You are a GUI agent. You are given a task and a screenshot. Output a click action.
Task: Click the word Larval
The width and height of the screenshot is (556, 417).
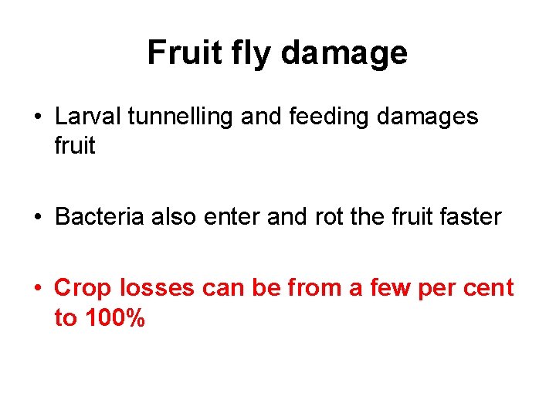tap(89, 117)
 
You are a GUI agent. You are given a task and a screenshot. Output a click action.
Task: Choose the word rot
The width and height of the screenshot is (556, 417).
tap(327, 217)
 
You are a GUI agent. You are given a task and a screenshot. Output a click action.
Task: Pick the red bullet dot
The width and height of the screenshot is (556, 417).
tap(39, 289)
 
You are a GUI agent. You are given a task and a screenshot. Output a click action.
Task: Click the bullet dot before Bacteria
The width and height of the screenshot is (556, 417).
tap(39, 218)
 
